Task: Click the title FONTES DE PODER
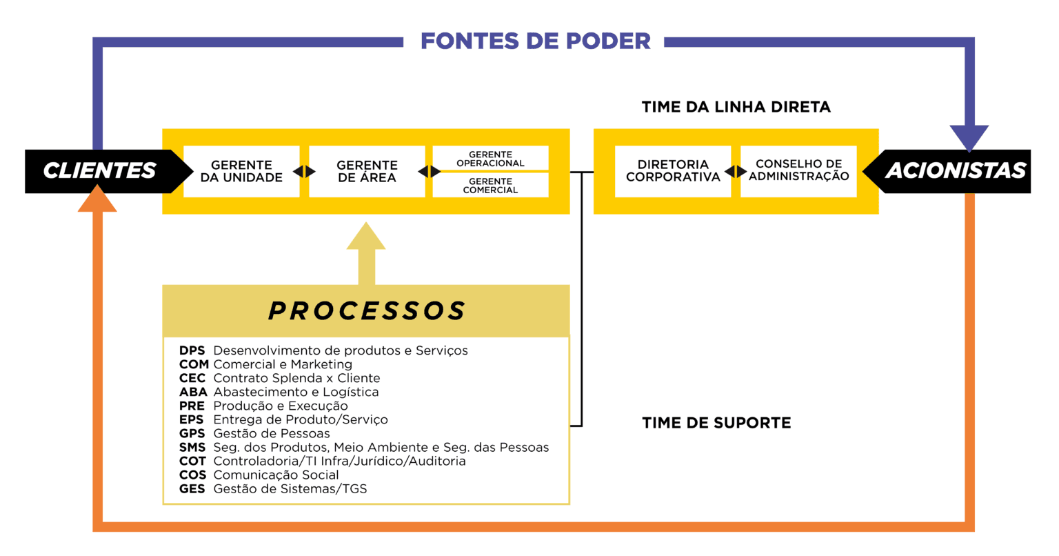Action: point(536,41)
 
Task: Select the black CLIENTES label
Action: point(100,170)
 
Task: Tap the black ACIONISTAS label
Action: point(956,170)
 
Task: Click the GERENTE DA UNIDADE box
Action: point(241,171)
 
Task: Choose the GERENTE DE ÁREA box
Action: point(367,171)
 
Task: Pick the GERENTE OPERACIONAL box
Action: point(490,159)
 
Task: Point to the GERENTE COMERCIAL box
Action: point(490,186)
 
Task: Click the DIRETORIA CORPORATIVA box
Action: point(673,171)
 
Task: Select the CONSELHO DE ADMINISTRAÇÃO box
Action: point(798,170)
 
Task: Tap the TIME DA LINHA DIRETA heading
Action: point(736,107)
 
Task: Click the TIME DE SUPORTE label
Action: point(716,423)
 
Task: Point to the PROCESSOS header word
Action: point(367,311)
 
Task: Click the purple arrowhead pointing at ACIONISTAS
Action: point(969,137)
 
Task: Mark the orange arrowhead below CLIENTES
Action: point(97,200)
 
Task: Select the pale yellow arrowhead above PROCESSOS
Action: point(366,237)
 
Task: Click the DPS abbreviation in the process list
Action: point(192,350)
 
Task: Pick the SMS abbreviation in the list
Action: point(192,447)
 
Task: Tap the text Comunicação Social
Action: point(276,475)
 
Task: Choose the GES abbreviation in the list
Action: point(192,488)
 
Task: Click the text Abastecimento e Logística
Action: point(296,392)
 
